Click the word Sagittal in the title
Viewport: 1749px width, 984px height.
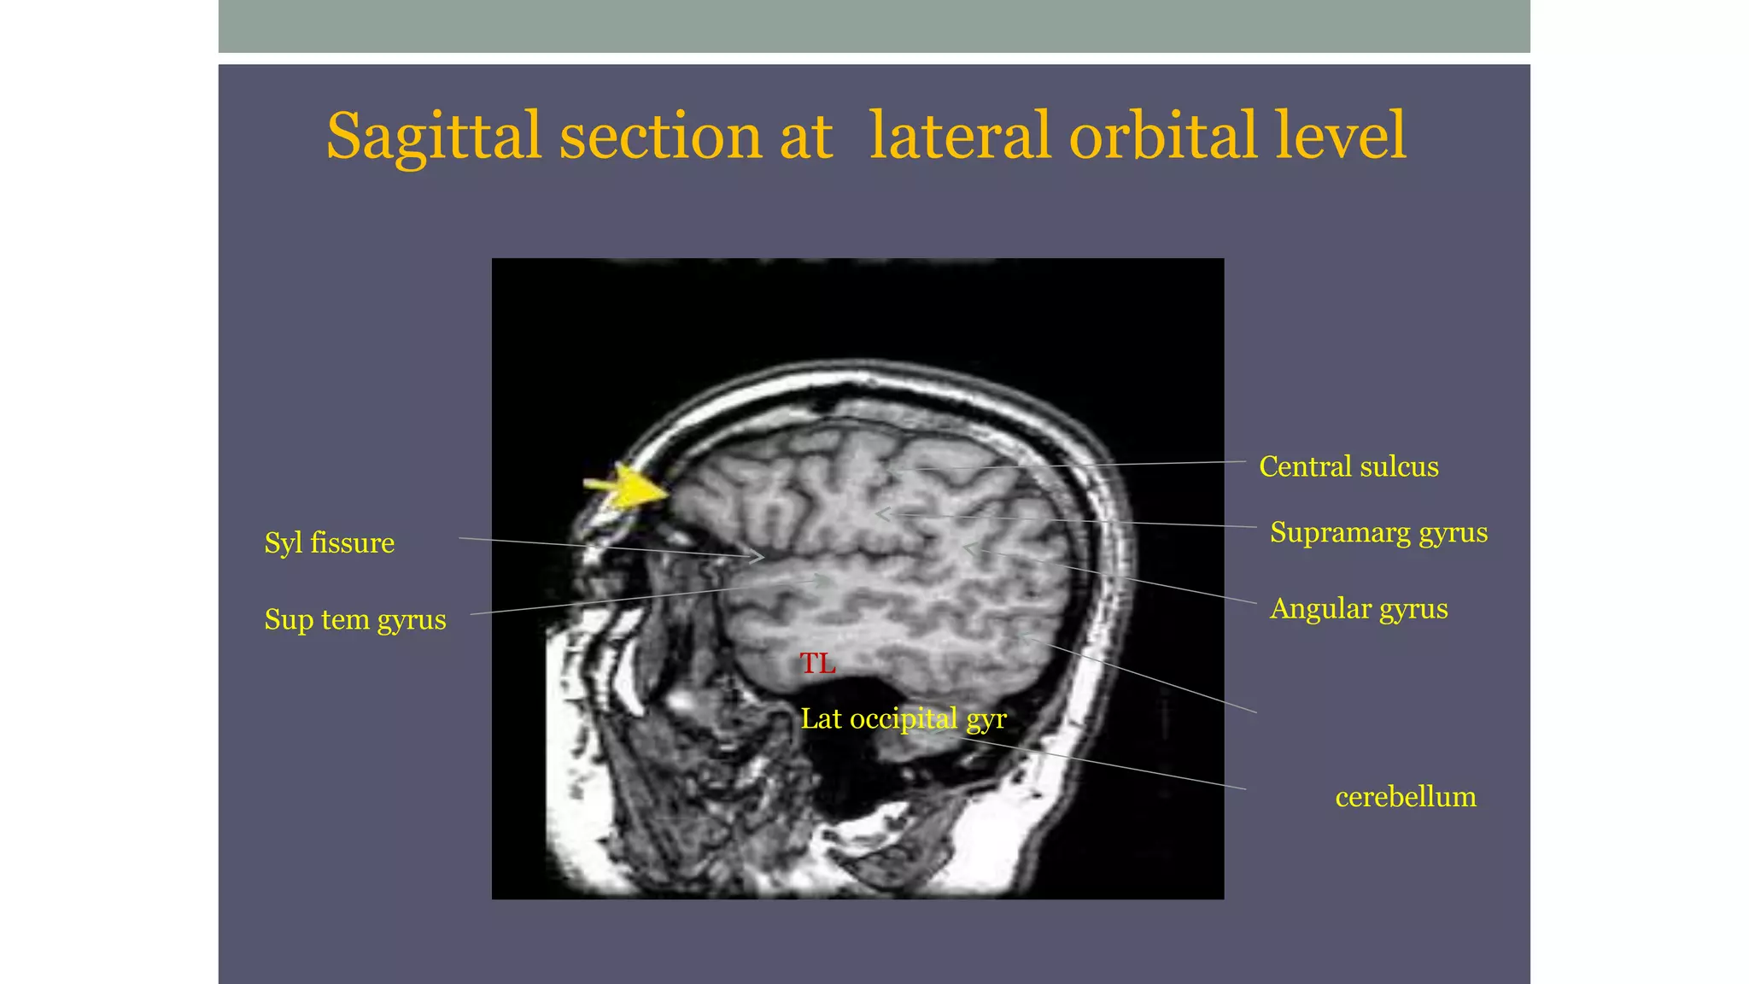pyautogui.click(x=433, y=137)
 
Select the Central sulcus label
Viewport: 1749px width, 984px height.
pyautogui.click(x=1348, y=466)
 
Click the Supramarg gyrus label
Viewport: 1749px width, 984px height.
pyautogui.click(x=1378, y=532)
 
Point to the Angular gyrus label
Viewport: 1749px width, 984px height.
pyautogui.click(x=1359, y=608)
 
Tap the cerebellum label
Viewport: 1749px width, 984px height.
pyautogui.click(x=1406, y=797)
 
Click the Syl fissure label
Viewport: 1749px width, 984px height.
pyautogui.click(x=329, y=542)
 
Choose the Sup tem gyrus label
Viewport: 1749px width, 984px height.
pyautogui.click(x=355, y=619)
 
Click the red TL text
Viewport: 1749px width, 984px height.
pyautogui.click(x=817, y=663)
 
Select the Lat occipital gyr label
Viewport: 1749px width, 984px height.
pyautogui.click(x=904, y=719)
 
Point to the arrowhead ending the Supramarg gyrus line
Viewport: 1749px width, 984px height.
pyautogui.click(x=884, y=513)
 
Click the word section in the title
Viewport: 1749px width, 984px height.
pyautogui.click(x=659, y=137)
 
